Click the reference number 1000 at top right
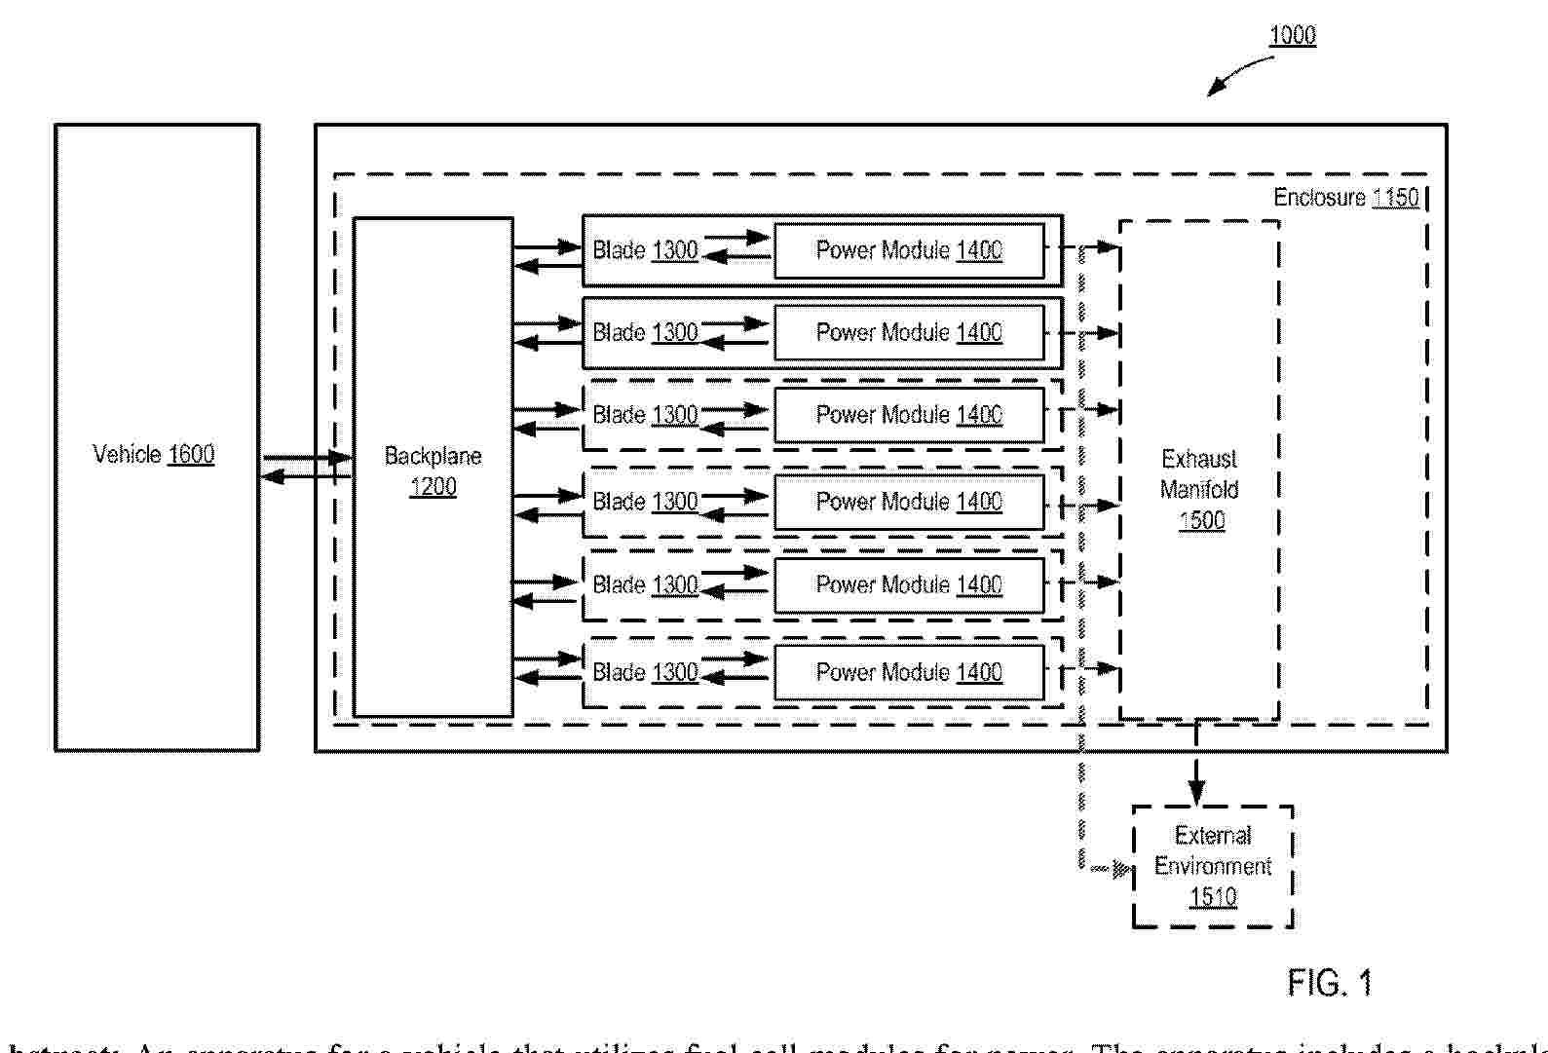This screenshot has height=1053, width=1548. tap(1292, 36)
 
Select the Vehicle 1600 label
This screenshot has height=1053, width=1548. tap(154, 454)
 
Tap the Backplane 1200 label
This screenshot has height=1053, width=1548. tap(433, 470)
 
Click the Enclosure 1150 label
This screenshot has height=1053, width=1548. tap(1346, 198)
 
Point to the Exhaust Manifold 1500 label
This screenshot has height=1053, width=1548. tap(1199, 489)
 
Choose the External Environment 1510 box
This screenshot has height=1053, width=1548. tap(1213, 866)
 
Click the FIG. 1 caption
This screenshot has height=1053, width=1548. tap(1330, 982)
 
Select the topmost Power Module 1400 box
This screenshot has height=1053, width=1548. tap(909, 250)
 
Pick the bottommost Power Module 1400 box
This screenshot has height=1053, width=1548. tap(909, 672)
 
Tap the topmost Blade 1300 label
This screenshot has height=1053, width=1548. tap(645, 250)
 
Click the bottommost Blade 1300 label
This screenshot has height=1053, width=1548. tap(645, 672)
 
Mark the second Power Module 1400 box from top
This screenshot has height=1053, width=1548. tap(909, 332)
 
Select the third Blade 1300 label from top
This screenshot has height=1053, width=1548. tap(645, 415)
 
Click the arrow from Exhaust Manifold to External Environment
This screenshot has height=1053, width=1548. tap(1197, 764)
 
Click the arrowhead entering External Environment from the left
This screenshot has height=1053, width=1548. tap(1122, 868)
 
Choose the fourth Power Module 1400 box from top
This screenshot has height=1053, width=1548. tap(909, 502)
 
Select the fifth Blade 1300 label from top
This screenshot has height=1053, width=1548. tap(645, 584)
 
